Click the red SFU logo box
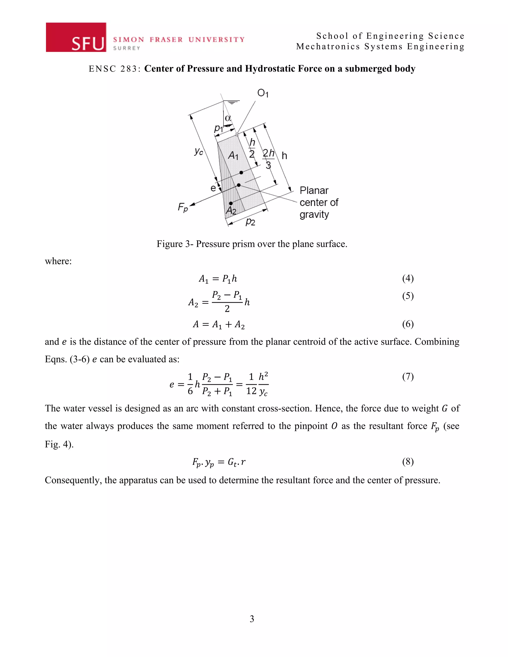tap(76, 37)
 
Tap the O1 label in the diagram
tap(263, 93)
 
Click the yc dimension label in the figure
tap(199, 151)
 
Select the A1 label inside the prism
tap(233, 155)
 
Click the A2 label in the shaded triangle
tap(231, 210)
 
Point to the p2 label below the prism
tap(250, 222)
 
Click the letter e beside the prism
tap(213, 188)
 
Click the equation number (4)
tap(408, 278)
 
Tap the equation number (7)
tap(408, 376)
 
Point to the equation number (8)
tap(408, 461)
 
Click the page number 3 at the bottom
tap(252, 619)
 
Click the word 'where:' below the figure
tap(58, 261)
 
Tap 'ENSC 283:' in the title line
tap(115, 69)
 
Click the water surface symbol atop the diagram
tap(231, 102)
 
